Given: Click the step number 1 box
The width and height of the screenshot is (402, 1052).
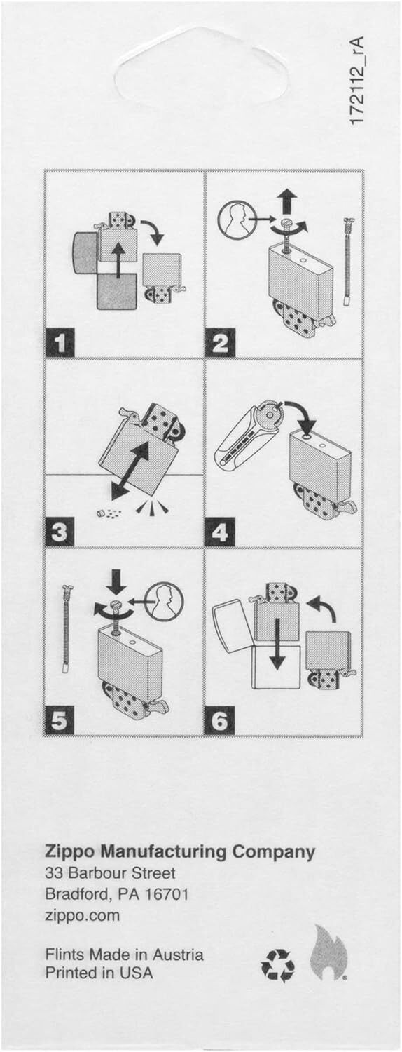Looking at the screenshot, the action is click(60, 342).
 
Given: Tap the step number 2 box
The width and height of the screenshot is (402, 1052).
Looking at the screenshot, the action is click(220, 342).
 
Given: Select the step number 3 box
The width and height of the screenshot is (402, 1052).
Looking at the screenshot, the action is click(60, 532).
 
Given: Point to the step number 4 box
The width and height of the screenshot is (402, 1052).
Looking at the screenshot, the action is click(220, 532).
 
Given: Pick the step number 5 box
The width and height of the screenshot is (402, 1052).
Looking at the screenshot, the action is click(60, 721).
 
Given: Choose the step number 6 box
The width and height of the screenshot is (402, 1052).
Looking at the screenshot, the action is click(220, 721).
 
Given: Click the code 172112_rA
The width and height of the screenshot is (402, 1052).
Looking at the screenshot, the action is click(357, 81).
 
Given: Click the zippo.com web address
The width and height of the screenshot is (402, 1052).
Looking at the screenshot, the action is click(83, 915).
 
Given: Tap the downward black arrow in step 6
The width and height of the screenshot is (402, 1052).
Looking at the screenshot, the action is click(277, 644).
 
